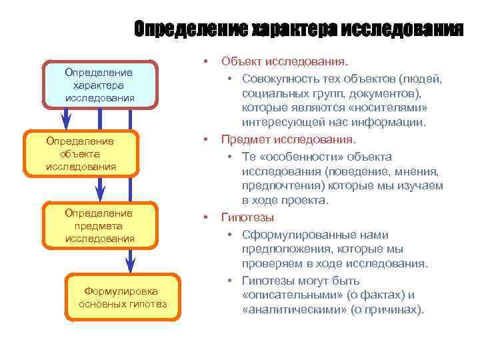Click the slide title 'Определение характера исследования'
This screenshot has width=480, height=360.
[x=297, y=29]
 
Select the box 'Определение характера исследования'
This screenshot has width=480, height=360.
[x=99, y=85]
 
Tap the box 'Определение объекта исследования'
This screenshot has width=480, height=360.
[x=80, y=153]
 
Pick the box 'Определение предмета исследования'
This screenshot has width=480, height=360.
[x=99, y=225]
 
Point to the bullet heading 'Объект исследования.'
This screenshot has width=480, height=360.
[x=284, y=62]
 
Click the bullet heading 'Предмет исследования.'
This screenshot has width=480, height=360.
[x=289, y=140]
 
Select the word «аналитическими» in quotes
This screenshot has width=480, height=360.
[x=291, y=310]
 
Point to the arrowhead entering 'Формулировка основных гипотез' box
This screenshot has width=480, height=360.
[x=131, y=265]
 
